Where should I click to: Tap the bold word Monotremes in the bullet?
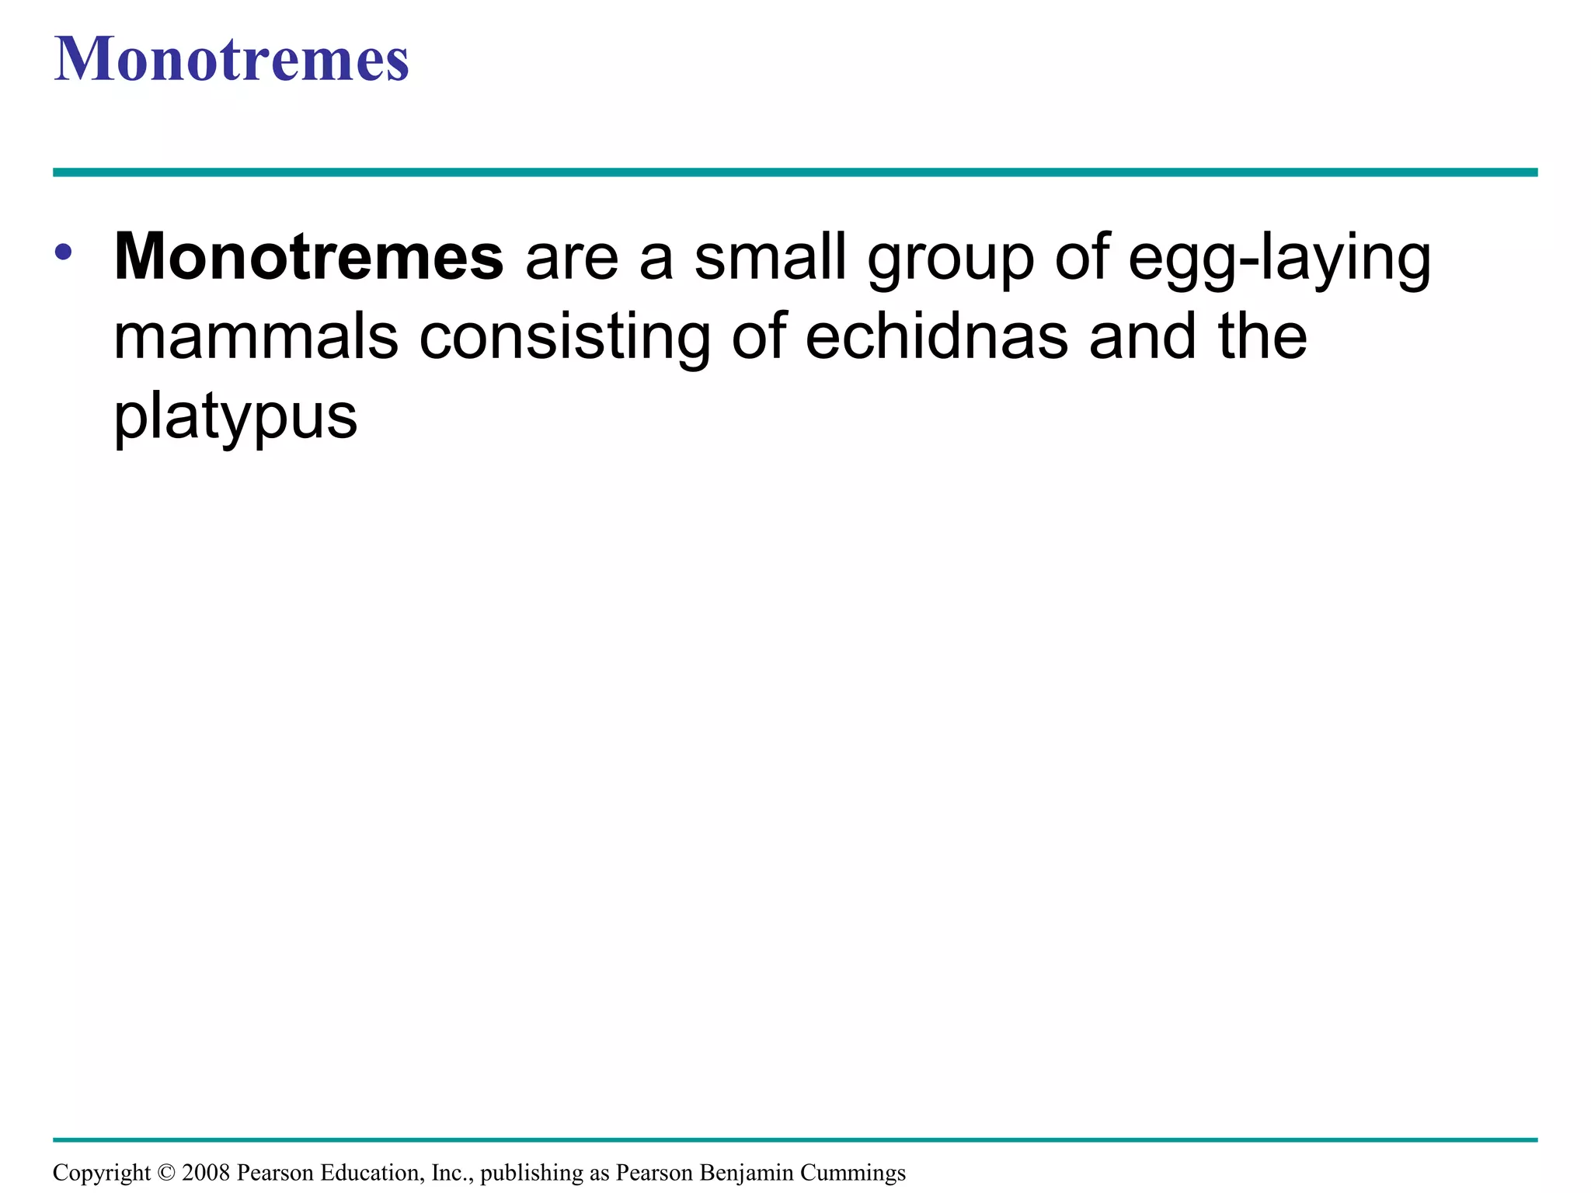coord(308,257)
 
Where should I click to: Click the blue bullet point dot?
coord(64,252)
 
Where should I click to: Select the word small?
coord(770,257)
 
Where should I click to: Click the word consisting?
coord(565,339)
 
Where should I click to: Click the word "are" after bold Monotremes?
coord(571,259)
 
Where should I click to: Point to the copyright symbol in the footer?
coord(165,1173)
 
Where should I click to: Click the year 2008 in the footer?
coord(206,1173)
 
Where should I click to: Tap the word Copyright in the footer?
coord(101,1173)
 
